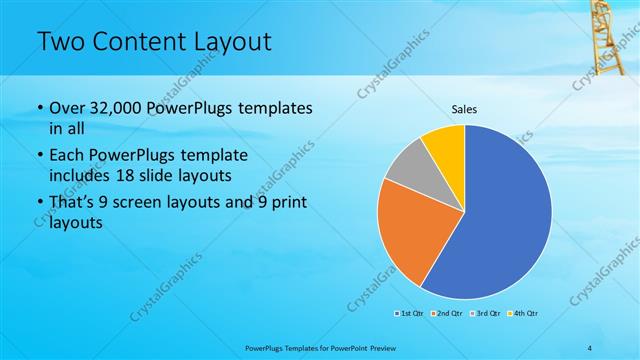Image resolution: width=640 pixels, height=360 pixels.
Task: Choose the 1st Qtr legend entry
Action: pyautogui.click(x=409, y=314)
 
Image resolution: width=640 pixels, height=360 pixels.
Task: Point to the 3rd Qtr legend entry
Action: pyautogui.click(x=484, y=314)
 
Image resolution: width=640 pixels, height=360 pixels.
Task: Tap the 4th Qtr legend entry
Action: pyautogui.click(x=523, y=314)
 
